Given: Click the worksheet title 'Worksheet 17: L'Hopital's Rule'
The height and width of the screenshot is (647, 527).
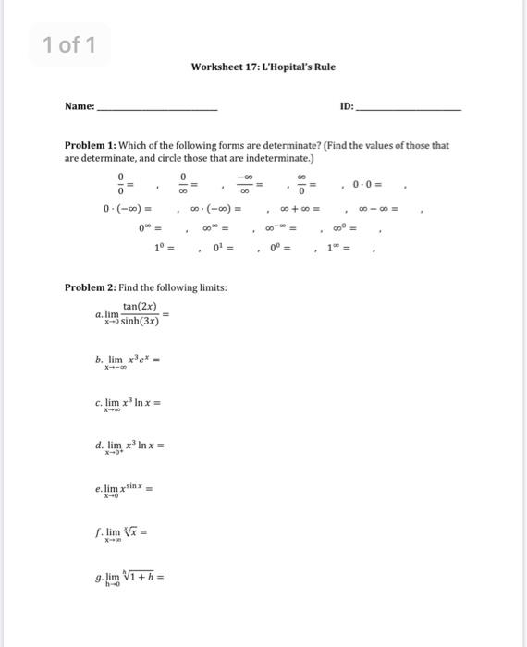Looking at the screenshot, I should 263,67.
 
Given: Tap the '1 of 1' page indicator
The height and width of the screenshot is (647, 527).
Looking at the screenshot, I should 69,44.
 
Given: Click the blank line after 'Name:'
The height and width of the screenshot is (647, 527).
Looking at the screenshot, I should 157,109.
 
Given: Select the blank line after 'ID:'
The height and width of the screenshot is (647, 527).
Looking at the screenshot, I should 408,109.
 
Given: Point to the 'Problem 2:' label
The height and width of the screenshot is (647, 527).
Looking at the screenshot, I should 91,287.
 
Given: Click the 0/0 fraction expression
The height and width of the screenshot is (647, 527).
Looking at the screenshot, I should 119,183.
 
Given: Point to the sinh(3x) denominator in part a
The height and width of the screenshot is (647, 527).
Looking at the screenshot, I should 141,322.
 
